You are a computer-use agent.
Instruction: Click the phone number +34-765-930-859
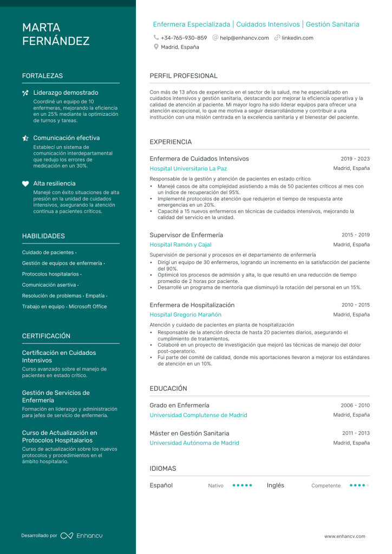tap(184, 38)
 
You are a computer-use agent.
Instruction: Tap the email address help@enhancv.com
tap(244, 38)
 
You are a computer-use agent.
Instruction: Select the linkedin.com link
tap(297, 38)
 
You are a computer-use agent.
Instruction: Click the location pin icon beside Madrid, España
tap(156, 47)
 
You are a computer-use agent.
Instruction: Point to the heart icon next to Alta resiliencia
tap(25, 183)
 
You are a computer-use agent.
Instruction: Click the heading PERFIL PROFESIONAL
tap(184, 76)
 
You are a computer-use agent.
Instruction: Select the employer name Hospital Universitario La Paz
tap(188, 168)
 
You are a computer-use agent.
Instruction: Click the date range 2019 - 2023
tap(355, 159)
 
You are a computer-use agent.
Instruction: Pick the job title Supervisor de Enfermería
tap(186, 235)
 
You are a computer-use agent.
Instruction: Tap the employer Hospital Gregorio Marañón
tap(185, 314)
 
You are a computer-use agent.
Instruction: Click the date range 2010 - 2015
tap(355, 305)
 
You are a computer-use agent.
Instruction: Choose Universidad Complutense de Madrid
tap(198, 415)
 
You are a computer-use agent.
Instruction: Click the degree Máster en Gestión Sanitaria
tap(189, 433)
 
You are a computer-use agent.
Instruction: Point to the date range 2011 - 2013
tap(356, 433)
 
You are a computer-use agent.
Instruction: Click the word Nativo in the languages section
tap(215, 486)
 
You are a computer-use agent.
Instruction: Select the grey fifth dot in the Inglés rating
tap(368, 485)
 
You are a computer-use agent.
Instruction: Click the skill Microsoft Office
tap(88, 307)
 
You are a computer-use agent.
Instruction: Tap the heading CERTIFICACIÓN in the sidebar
tap(46, 336)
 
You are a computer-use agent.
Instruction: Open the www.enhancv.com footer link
tap(344, 536)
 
